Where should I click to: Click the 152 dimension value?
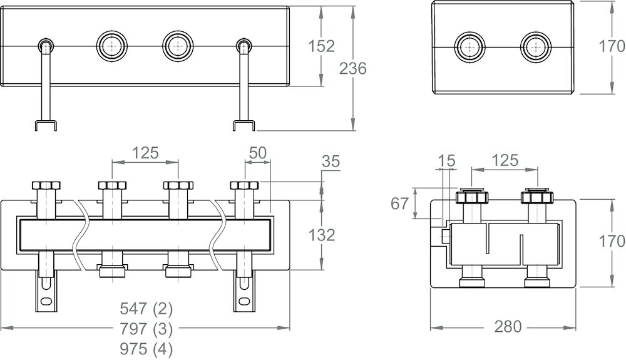tap(321, 46)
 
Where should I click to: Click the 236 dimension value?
tap(352, 69)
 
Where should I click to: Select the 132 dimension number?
tap(322, 235)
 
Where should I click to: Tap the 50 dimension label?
tap(257, 153)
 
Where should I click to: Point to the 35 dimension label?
tap(331, 162)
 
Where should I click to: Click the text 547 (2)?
tap(146, 308)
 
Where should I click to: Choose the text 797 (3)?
tap(146, 328)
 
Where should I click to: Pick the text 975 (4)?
tap(146, 348)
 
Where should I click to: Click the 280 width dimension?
tap(503, 327)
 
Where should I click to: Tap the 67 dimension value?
tap(399, 203)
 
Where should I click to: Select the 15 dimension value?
tap(447, 161)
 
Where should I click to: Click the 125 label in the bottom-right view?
tap(505, 160)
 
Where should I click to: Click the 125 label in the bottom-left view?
tap(145, 153)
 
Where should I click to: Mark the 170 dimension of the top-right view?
tap(612, 46)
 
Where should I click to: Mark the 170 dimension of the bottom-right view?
tap(612, 241)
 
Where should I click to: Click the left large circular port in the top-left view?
tap(111, 46)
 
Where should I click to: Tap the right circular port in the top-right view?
tap(536, 46)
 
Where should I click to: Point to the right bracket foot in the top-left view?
tap(244, 125)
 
